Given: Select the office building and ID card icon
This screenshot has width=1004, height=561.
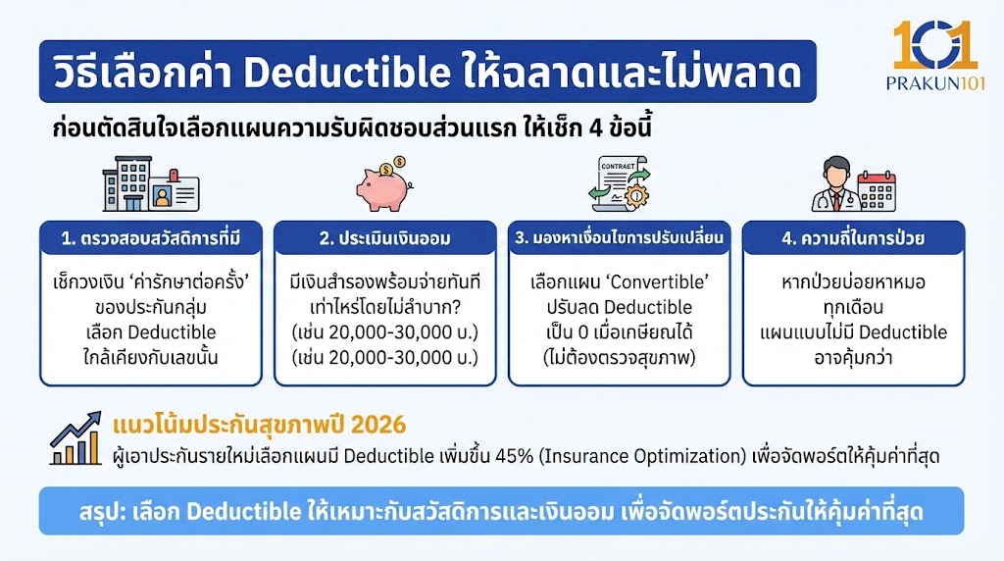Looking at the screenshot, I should [149, 186].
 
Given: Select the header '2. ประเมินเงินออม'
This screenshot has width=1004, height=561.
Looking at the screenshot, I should [383, 238].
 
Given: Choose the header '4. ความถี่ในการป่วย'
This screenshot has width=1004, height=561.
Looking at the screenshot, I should [851, 238].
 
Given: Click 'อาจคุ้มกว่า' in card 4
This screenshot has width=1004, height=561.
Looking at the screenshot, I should [852, 356].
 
